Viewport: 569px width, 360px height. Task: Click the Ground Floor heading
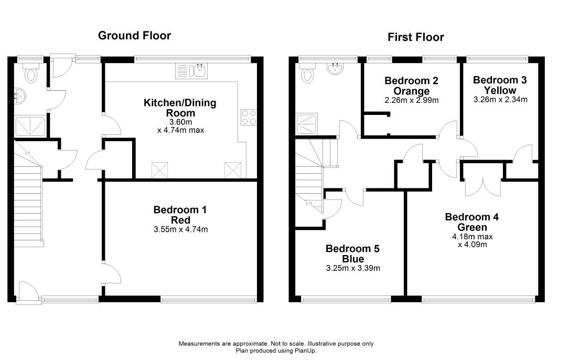(134, 36)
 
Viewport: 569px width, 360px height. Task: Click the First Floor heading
(415, 37)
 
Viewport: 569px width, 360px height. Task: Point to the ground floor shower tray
(30, 126)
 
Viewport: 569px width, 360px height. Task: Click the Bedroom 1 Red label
(180, 215)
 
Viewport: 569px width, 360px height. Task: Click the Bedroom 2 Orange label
(411, 86)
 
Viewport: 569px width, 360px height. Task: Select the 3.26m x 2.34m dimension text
(500, 99)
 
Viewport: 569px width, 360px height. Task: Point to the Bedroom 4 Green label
(465, 222)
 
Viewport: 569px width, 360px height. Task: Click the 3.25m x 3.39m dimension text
(353, 268)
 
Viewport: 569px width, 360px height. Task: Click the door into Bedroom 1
(112, 273)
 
